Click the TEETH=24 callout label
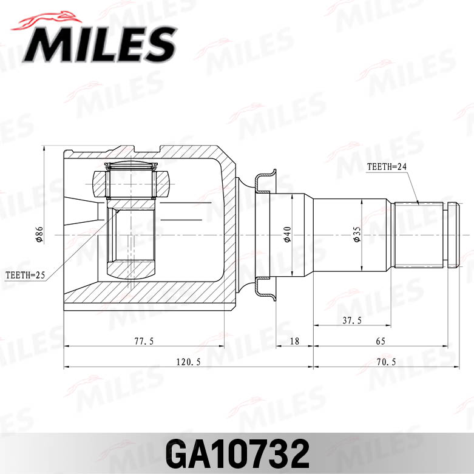pyautogui.click(x=386, y=166)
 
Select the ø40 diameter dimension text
pyautogui.click(x=287, y=235)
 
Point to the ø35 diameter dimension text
pyautogui.click(x=357, y=235)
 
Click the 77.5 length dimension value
pyautogui.click(x=143, y=341)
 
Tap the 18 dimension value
pyautogui.click(x=294, y=341)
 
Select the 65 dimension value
pyautogui.click(x=381, y=341)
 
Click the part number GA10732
pyautogui.click(x=237, y=453)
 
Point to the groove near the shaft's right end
pyautogui.click(x=446, y=235)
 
